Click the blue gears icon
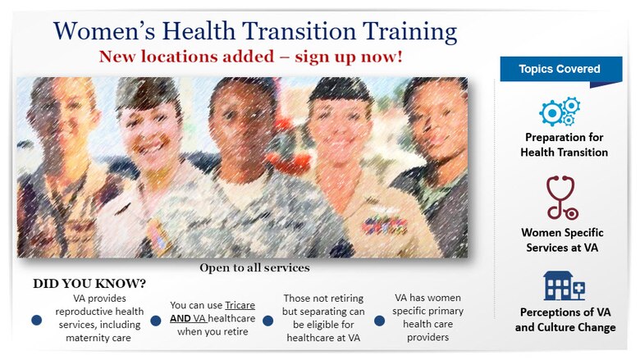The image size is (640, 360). click(x=560, y=111)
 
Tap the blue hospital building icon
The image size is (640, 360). click(x=564, y=286)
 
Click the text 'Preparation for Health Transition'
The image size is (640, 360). click(x=565, y=144)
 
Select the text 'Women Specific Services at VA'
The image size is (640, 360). click(x=565, y=239)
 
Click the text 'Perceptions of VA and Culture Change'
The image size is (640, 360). click(x=565, y=320)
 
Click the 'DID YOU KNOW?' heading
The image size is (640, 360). click(x=89, y=284)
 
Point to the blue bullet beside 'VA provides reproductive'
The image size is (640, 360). click(x=36, y=320)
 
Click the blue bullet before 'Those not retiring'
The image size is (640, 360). click(x=268, y=320)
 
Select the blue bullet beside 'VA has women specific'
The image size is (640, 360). click(x=379, y=320)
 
